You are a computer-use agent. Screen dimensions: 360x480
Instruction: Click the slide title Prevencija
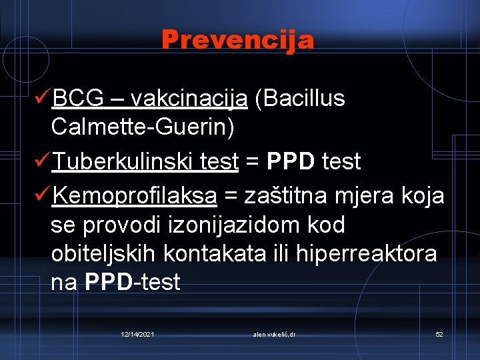(x=237, y=40)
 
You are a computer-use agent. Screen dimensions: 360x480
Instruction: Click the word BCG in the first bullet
(x=78, y=99)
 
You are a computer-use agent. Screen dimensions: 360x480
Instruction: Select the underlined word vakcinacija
(x=189, y=99)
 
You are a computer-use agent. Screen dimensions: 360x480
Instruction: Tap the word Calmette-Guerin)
(x=143, y=128)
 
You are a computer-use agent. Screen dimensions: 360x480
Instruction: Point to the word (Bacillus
(x=304, y=99)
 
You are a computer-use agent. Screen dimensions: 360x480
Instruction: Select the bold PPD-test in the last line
(x=133, y=283)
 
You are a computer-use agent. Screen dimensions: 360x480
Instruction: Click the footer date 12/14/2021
(x=138, y=333)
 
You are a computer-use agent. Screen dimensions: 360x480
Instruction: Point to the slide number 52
(x=439, y=333)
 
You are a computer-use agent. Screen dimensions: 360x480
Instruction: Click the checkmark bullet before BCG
(x=41, y=99)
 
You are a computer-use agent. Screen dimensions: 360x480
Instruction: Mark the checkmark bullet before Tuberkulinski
(x=41, y=161)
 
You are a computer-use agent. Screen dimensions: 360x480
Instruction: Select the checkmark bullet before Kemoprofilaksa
(x=41, y=196)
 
